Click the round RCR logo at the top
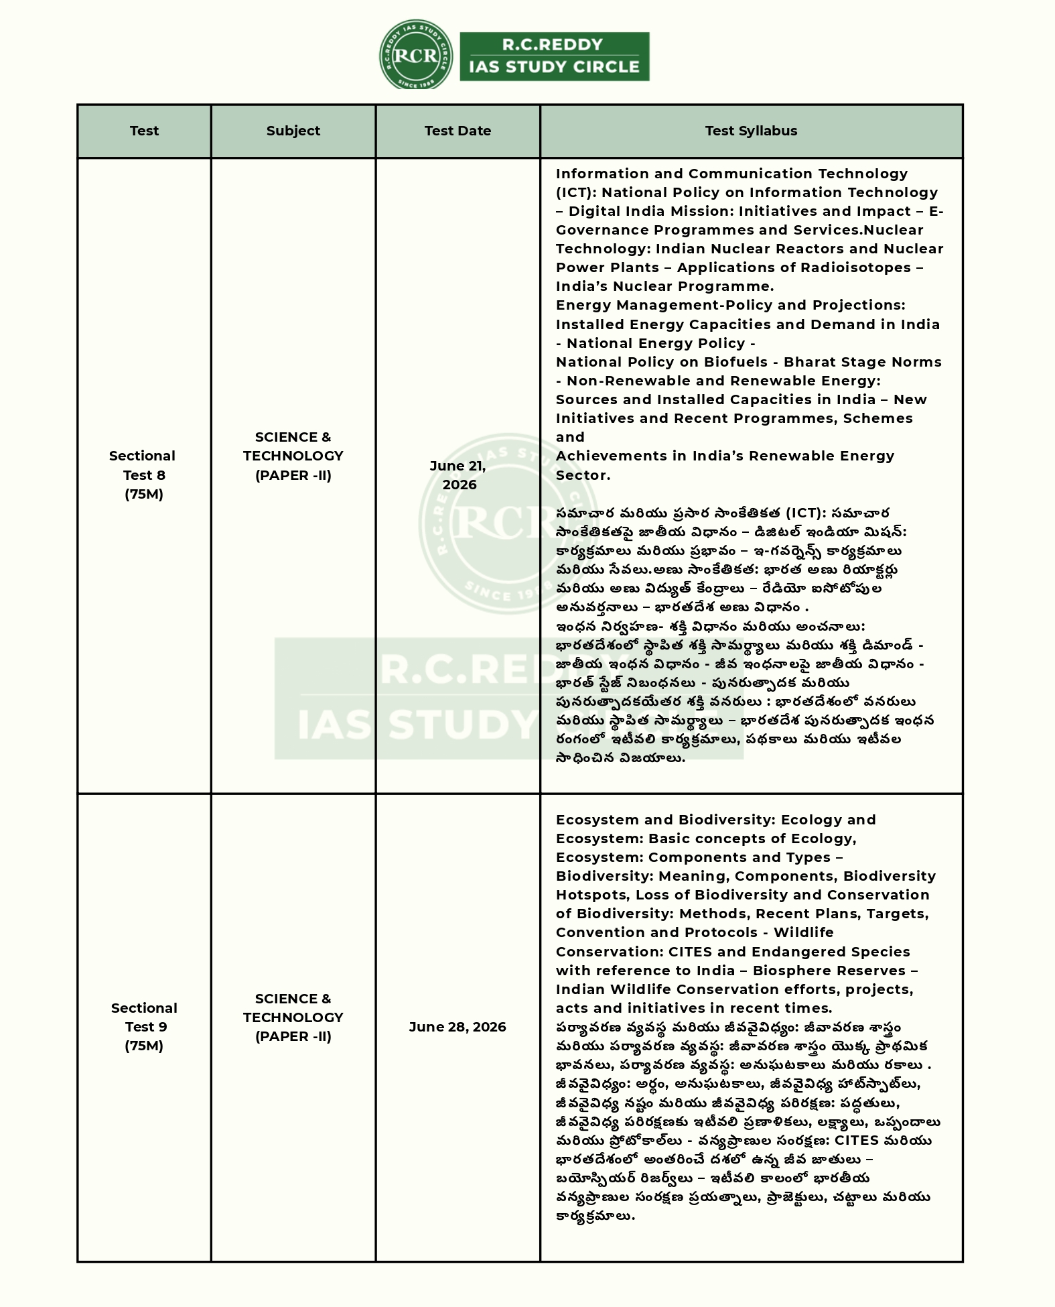pos(415,55)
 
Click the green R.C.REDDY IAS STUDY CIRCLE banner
pos(554,56)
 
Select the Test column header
pos(144,131)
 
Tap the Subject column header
pos(293,131)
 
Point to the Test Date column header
pos(458,131)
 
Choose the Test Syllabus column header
pos(751,131)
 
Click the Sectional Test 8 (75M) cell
pos(143,475)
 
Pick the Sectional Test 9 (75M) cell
pos(144,1026)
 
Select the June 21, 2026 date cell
pos(458,475)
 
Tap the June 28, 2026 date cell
pos(458,1026)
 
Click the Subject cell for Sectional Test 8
pos(293,456)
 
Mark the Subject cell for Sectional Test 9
pos(293,1017)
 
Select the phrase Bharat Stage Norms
pos(862,362)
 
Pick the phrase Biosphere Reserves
pos(829,971)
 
